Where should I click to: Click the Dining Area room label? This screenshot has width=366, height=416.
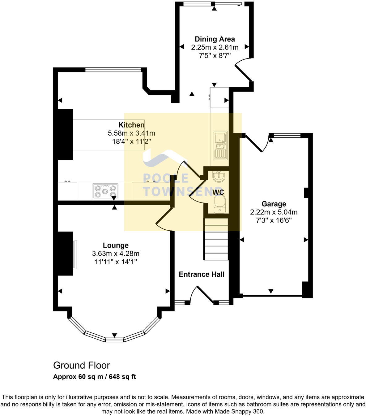pyautogui.click(x=215, y=39)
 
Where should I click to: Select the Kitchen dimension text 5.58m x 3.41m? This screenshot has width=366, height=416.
pyautogui.click(x=131, y=133)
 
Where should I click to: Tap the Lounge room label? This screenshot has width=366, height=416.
pyautogui.click(x=116, y=245)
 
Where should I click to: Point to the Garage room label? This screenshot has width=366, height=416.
pyautogui.click(x=274, y=204)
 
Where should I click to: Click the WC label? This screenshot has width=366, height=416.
pyautogui.click(x=218, y=192)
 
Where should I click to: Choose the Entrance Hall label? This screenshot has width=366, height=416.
pyautogui.click(x=202, y=274)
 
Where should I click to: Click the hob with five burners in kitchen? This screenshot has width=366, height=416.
pyautogui.click(x=105, y=191)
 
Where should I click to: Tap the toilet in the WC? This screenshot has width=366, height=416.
pyautogui.click(x=219, y=205)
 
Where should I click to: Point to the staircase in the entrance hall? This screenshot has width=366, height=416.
pyautogui.click(x=216, y=240)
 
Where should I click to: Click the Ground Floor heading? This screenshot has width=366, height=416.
pyautogui.click(x=81, y=365)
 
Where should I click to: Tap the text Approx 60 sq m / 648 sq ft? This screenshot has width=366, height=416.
pyautogui.click(x=94, y=377)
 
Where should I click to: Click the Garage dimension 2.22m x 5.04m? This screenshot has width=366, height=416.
pyautogui.click(x=274, y=212)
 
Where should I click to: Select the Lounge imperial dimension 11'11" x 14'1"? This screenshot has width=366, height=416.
pyautogui.click(x=116, y=262)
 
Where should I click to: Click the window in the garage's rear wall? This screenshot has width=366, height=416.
pyautogui.click(x=285, y=135)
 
